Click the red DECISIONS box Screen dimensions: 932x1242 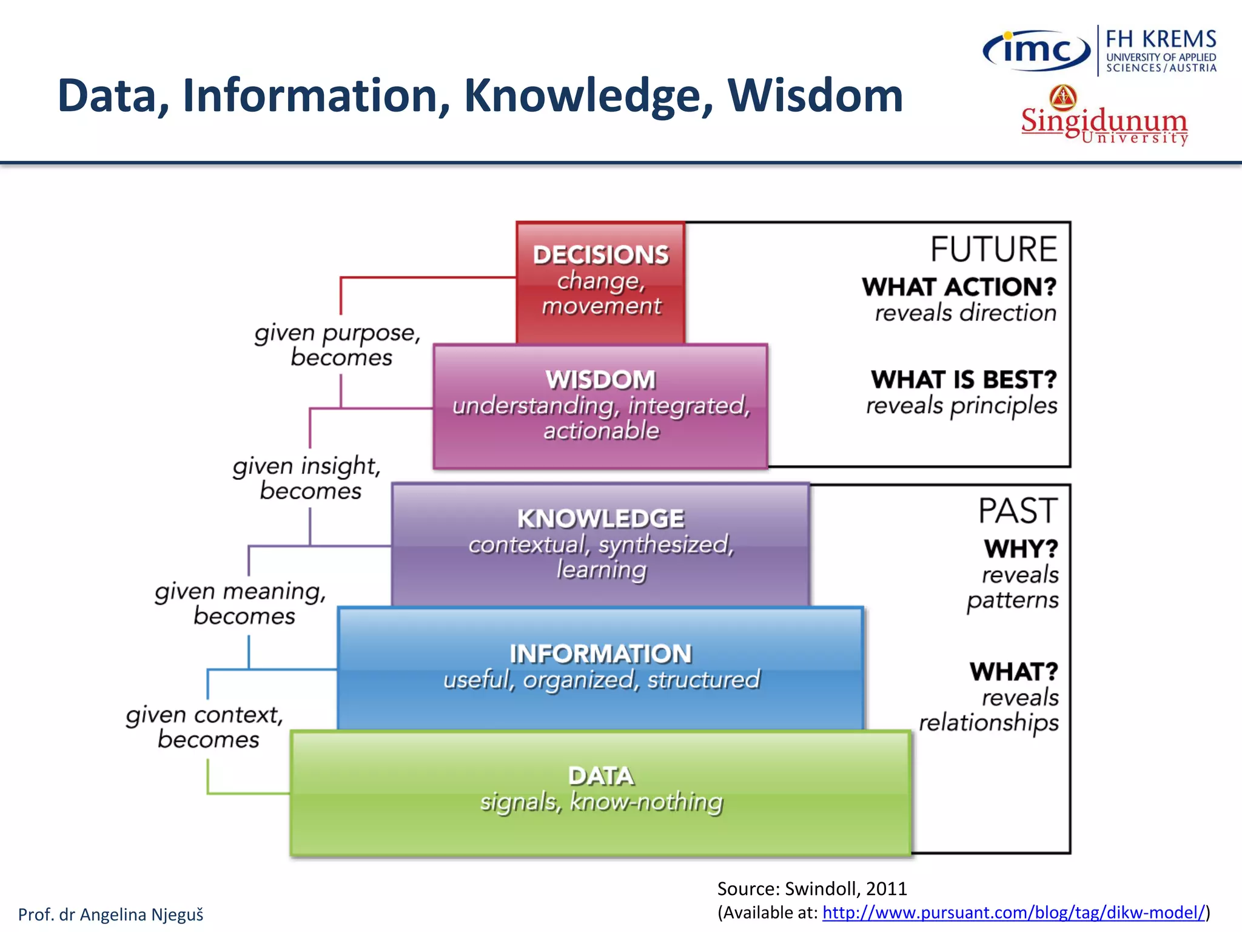[x=600, y=282]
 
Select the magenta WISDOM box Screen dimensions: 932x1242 [x=600, y=405]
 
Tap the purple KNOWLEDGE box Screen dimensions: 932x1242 [x=600, y=544]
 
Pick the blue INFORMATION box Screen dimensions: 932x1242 [x=600, y=667]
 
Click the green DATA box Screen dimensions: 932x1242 [x=600, y=792]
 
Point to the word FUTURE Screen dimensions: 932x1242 [x=993, y=249]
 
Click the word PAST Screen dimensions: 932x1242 [x=1018, y=511]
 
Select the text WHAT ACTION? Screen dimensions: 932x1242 [x=959, y=287]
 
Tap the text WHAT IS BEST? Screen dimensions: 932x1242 [x=964, y=380]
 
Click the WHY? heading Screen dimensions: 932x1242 [x=1021, y=549]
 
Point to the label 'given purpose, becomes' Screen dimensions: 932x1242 [x=338, y=345]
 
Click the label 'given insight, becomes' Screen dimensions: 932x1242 [x=307, y=478]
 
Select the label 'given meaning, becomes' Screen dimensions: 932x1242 [x=241, y=603]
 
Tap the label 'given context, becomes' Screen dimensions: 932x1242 [x=205, y=726]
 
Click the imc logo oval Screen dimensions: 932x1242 [x=1036, y=50]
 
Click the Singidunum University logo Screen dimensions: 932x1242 [x=1104, y=118]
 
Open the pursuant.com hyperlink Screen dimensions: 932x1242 [x=1013, y=912]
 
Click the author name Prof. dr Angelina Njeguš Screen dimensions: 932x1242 [x=110, y=914]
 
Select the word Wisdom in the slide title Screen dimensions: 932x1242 [x=815, y=96]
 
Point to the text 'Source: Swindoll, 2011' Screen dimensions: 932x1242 [x=811, y=888]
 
